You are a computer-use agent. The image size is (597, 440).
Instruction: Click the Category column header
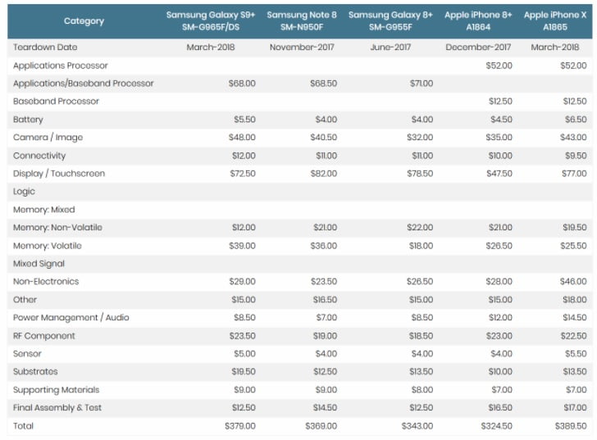click(x=84, y=21)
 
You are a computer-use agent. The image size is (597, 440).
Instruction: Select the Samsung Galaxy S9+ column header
click(x=211, y=21)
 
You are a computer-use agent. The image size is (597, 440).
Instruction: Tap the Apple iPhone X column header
click(x=558, y=21)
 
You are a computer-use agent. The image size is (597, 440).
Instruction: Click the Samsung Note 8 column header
click(x=302, y=21)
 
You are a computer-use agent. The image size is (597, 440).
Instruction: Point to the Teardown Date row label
click(x=45, y=48)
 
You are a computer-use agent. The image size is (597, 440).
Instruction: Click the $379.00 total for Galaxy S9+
click(x=240, y=426)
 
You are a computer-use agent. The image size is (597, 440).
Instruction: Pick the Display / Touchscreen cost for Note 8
click(x=322, y=174)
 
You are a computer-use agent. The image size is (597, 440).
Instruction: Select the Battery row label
click(x=28, y=120)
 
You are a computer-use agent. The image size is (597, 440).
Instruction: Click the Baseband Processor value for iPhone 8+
click(x=499, y=102)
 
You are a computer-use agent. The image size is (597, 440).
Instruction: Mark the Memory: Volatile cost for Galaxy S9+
click(x=242, y=246)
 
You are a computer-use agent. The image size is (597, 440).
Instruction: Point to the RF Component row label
click(x=43, y=336)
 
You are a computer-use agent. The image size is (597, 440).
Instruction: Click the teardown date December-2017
click(x=478, y=48)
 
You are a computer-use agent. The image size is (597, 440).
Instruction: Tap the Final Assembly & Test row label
click(x=57, y=408)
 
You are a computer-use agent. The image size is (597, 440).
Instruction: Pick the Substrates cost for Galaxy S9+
click(x=242, y=372)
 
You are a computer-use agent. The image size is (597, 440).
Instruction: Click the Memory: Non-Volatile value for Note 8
click(x=323, y=228)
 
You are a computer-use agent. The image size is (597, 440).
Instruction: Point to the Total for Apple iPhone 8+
click(x=495, y=426)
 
